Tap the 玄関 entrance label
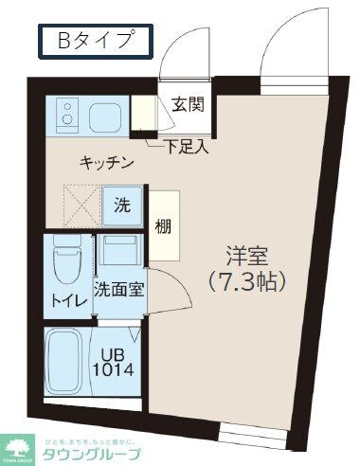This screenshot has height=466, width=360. [x=187, y=104]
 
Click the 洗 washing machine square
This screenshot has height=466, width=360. [x=122, y=206]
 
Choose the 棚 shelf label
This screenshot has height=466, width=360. [x=164, y=227]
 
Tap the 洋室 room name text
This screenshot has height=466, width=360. [x=247, y=256]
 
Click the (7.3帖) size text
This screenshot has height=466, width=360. [x=247, y=281]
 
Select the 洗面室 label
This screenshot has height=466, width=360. [x=118, y=290]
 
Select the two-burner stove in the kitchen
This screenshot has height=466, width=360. [x=66, y=116]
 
